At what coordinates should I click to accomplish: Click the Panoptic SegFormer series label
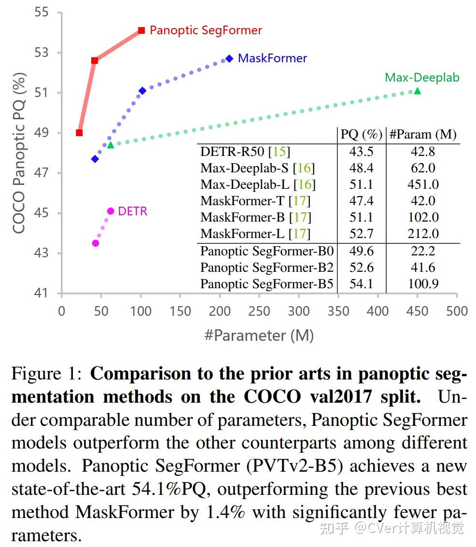coord(206,30)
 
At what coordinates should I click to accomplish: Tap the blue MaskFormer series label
coord(272,58)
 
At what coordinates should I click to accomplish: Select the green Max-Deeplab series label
coord(422,77)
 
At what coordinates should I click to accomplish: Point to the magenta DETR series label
coord(133,211)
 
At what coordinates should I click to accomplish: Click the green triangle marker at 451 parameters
coord(417,91)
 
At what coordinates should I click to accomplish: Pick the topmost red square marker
coord(141,30)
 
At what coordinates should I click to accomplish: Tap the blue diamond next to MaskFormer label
coord(229,58)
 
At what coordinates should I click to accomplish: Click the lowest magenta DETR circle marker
coord(96,243)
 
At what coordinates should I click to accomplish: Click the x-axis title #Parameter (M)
coord(259,335)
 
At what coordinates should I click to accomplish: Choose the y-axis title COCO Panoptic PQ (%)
coord(19,152)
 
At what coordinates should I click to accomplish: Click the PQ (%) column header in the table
coord(362,134)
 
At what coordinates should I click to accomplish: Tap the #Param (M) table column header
coord(422,134)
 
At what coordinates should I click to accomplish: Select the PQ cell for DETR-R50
coord(361,152)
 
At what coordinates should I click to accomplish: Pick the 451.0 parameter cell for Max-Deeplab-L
coord(422,184)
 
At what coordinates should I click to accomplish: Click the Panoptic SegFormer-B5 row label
coord(266,283)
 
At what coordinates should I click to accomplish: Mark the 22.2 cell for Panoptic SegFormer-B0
coord(422,251)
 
